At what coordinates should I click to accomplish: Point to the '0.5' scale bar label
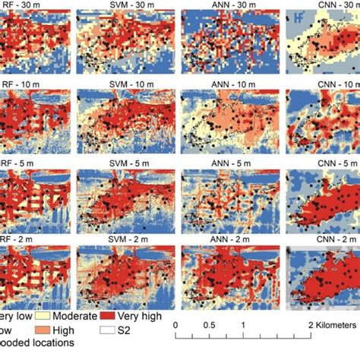[208, 325]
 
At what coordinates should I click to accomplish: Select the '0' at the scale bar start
[175, 325]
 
